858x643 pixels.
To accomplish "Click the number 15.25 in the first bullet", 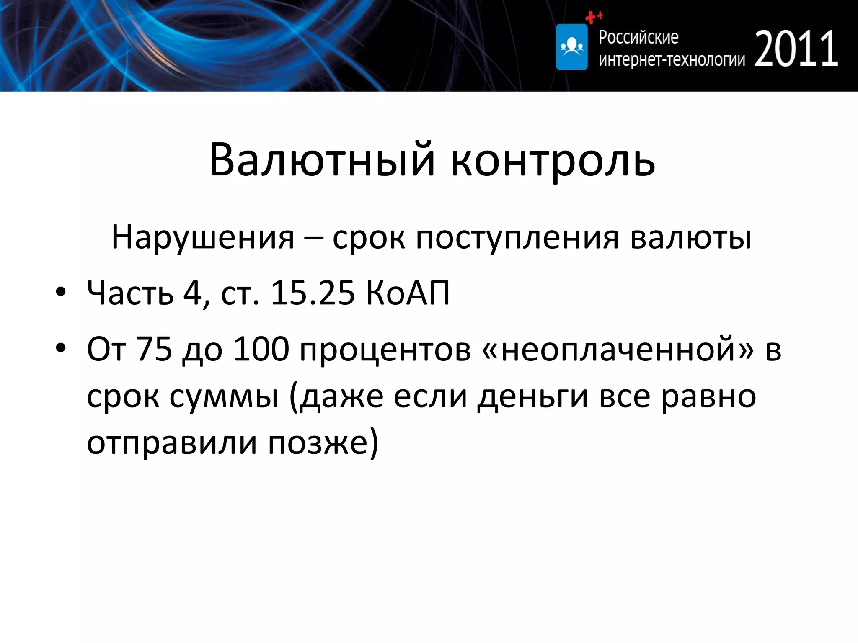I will pyautogui.click(x=313, y=293).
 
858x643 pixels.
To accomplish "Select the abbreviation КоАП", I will pyautogui.click(x=408, y=293).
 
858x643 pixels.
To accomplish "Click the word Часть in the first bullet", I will pyautogui.click(x=130, y=293).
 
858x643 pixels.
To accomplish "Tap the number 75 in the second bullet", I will pyautogui.click(x=154, y=349).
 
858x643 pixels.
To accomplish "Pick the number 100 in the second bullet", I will pyautogui.click(x=261, y=349).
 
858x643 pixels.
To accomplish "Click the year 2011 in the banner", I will pyautogui.click(x=796, y=49).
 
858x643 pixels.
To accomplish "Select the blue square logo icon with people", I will pyautogui.click(x=571, y=47).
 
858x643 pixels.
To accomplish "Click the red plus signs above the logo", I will pyautogui.click(x=593, y=17).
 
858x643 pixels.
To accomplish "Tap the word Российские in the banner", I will pyautogui.click(x=638, y=37).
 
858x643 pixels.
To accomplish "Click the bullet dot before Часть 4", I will pyautogui.click(x=61, y=293).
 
